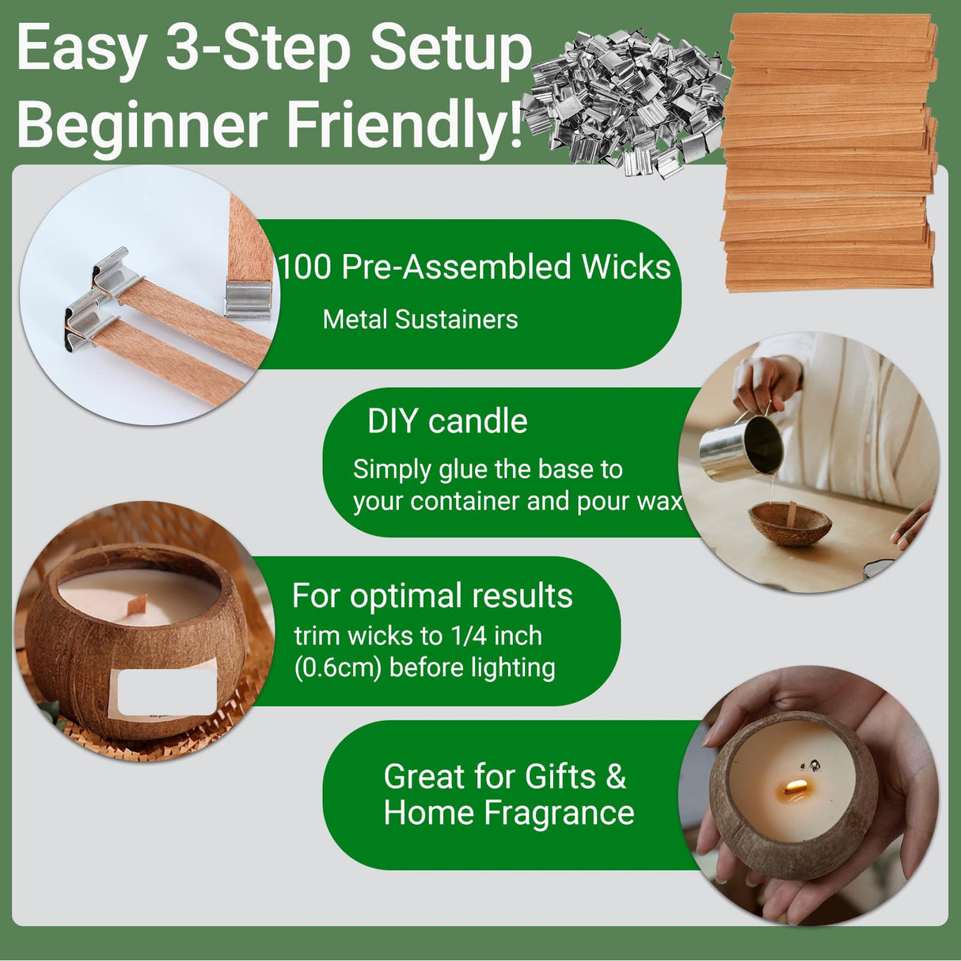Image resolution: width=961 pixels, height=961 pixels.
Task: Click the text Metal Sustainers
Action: click(x=420, y=319)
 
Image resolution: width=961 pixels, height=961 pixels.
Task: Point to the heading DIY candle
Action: click(x=447, y=421)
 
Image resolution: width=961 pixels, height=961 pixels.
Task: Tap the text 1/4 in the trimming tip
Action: click(x=465, y=636)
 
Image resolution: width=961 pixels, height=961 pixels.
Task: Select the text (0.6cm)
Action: click(x=338, y=668)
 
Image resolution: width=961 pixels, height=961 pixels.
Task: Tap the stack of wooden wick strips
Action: click(x=829, y=153)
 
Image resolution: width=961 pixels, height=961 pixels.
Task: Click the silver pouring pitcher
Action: click(x=742, y=446)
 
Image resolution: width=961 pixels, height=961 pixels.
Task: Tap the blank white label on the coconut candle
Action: click(x=167, y=692)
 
